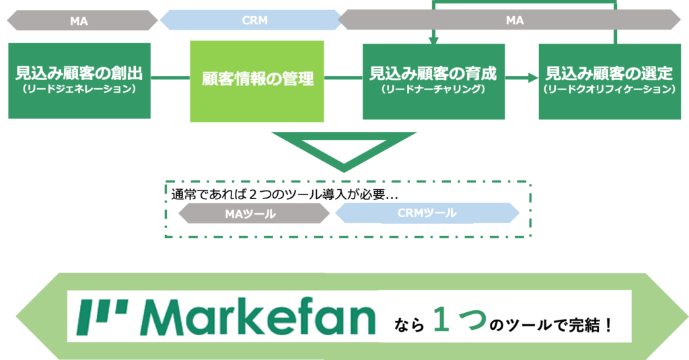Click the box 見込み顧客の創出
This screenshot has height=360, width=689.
click(x=79, y=81)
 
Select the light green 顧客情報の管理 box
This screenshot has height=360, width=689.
click(x=257, y=81)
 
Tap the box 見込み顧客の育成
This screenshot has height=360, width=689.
click(x=434, y=81)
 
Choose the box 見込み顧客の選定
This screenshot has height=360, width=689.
click(x=610, y=81)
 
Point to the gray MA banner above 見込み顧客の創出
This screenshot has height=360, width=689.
click(x=82, y=21)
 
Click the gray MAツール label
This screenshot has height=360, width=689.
click(x=254, y=213)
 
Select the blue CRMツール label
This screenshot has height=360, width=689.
click(x=427, y=213)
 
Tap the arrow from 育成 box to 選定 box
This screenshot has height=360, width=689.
click(x=521, y=78)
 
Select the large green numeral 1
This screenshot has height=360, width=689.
click(x=441, y=320)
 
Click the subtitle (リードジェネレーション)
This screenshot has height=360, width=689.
click(x=79, y=89)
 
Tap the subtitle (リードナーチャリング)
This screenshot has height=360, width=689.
click(x=434, y=89)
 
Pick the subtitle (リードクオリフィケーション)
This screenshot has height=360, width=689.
click(x=610, y=89)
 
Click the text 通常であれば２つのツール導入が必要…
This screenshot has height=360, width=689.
click(x=285, y=194)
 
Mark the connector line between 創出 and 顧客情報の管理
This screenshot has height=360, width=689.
click(x=170, y=78)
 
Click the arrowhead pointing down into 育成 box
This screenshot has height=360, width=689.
click(x=434, y=40)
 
